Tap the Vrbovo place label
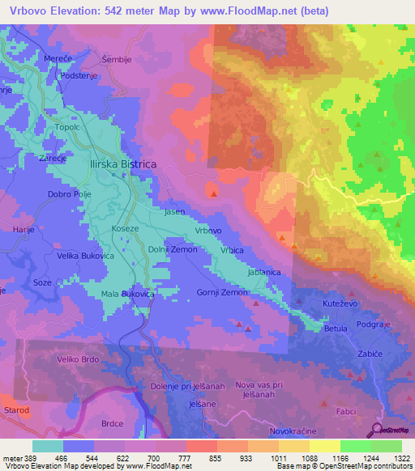[x=208, y=231]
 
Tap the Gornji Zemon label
[x=222, y=292]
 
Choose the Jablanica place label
[x=263, y=273]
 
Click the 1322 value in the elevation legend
[x=401, y=458]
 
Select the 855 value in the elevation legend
[x=213, y=458]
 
